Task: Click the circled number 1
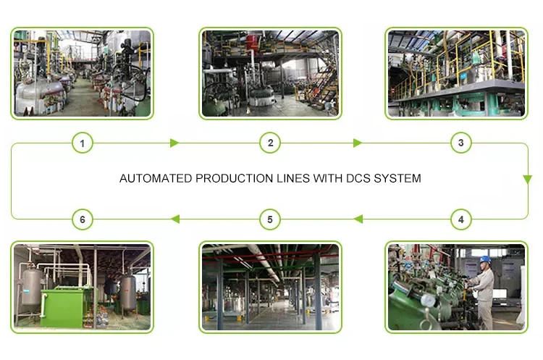tap(83, 143)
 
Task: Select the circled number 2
tap(270, 143)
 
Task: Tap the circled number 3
tap(460, 143)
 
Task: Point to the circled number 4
tap(460, 219)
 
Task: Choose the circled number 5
tap(270, 219)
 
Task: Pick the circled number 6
tap(83, 219)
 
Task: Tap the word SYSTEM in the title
tap(397, 178)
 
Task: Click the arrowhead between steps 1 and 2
tap(174, 143)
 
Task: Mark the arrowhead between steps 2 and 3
tap(357, 143)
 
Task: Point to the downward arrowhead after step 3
tap(529, 177)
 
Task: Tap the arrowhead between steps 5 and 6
tap(174, 219)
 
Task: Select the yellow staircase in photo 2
tap(327, 84)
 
